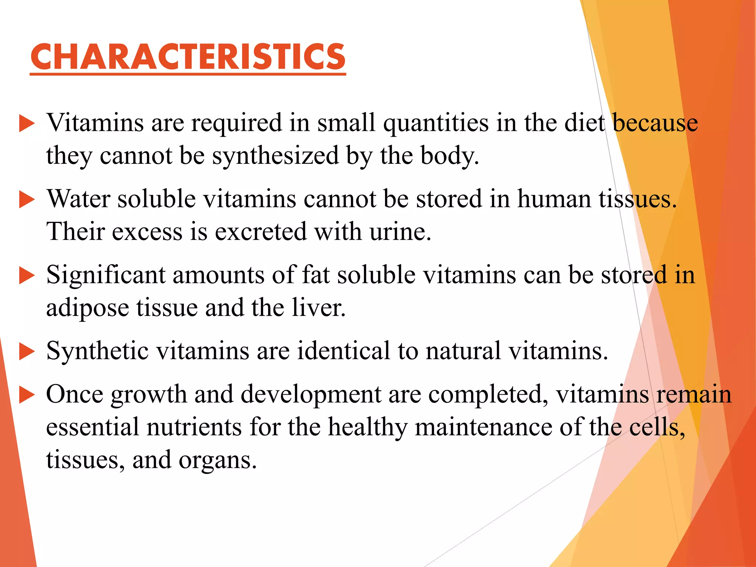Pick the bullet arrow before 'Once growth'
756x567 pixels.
click(27, 395)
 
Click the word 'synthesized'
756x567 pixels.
click(275, 156)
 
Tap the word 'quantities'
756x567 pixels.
click(436, 123)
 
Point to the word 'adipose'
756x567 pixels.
click(87, 308)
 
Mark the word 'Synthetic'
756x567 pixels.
click(97, 351)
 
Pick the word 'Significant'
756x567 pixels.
click(106, 275)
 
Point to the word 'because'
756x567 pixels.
click(655, 123)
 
